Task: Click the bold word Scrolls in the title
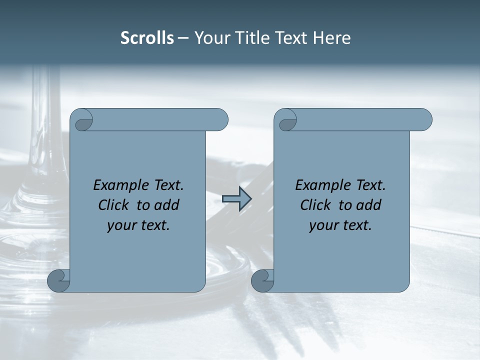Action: click(x=147, y=38)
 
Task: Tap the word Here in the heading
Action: click(x=332, y=38)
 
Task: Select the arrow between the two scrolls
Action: click(x=236, y=199)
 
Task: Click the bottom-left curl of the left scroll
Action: click(x=58, y=281)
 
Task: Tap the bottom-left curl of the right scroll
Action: click(x=262, y=281)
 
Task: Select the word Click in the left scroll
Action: click(x=115, y=205)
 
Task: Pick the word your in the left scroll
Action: click(x=120, y=226)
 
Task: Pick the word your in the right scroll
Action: click(x=322, y=226)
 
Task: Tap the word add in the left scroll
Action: click(x=167, y=205)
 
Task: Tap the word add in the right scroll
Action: click(x=369, y=205)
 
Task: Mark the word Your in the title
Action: click(x=210, y=38)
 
